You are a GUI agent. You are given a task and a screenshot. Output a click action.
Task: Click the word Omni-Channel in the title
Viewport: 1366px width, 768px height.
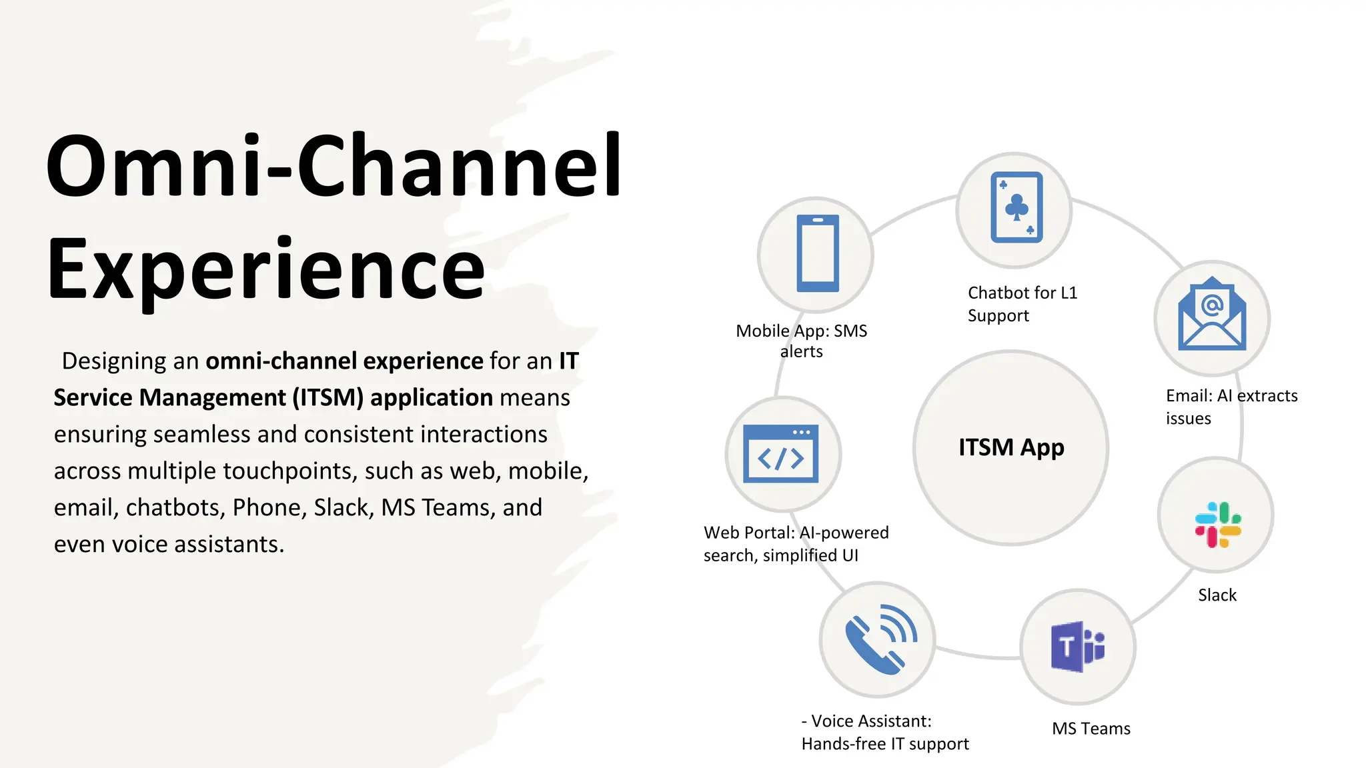(x=333, y=167)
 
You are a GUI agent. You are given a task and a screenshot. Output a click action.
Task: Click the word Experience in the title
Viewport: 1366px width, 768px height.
(x=265, y=270)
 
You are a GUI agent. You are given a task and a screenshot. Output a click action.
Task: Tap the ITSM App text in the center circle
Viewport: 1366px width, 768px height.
(x=1011, y=447)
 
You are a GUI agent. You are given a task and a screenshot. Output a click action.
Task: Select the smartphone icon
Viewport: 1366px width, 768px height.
(x=817, y=254)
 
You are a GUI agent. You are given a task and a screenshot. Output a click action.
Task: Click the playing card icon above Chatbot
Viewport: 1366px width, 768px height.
(x=1016, y=207)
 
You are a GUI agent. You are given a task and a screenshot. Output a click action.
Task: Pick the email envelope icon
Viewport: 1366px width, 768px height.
(x=1212, y=315)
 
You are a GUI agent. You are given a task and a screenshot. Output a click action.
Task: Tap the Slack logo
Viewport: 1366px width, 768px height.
(x=1217, y=525)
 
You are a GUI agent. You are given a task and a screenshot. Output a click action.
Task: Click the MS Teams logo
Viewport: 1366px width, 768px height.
(x=1078, y=647)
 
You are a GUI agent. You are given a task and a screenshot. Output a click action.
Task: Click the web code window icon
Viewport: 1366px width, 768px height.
(x=781, y=454)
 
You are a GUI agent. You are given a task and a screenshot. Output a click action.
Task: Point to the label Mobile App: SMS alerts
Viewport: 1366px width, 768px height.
(x=801, y=341)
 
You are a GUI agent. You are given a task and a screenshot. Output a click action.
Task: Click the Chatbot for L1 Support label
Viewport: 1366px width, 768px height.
(x=1021, y=304)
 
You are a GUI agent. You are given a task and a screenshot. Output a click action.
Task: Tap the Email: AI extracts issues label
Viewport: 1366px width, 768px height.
(x=1231, y=407)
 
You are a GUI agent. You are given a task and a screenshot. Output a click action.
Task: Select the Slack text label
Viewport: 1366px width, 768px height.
(x=1217, y=595)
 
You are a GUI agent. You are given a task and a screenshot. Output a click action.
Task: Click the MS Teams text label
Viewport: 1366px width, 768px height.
(x=1091, y=729)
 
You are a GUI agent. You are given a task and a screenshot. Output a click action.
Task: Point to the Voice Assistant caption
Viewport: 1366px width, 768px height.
(x=884, y=732)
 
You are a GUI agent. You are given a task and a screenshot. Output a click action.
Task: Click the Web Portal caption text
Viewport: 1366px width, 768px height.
(x=796, y=543)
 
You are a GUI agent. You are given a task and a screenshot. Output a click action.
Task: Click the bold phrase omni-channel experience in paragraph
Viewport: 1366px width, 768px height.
(x=344, y=361)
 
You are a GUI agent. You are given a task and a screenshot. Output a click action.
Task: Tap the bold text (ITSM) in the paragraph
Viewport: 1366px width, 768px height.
(x=327, y=397)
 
